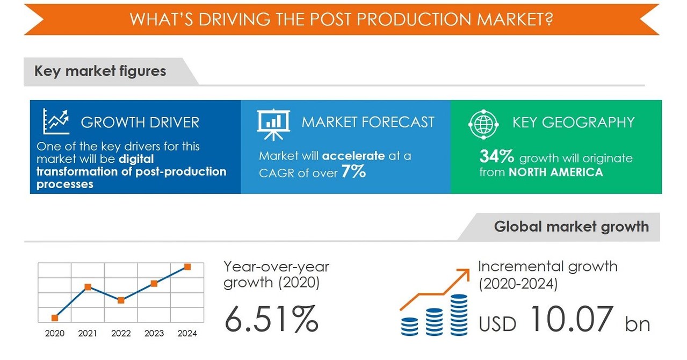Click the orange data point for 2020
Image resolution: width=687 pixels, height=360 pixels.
(55, 318)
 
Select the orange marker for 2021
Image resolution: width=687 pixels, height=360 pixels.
(88, 287)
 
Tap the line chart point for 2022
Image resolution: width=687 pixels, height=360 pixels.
(121, 300)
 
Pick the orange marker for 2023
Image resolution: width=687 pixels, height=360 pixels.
(154, 284)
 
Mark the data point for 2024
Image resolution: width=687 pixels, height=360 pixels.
(187, 267)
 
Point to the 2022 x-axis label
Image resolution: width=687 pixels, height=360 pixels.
(121, 334)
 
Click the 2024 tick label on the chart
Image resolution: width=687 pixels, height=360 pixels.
(187, 334)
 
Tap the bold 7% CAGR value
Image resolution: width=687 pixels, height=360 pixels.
(353, 172)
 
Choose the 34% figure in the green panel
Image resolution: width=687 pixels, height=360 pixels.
(497, 157)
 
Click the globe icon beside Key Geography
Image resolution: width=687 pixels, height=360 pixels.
(483, 123)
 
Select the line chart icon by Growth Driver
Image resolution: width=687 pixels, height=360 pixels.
(56, 121)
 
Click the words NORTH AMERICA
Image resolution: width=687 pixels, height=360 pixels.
(555, 172)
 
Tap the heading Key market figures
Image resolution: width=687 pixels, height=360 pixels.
(100, 71)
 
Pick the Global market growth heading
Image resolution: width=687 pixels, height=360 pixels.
(571, 226)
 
